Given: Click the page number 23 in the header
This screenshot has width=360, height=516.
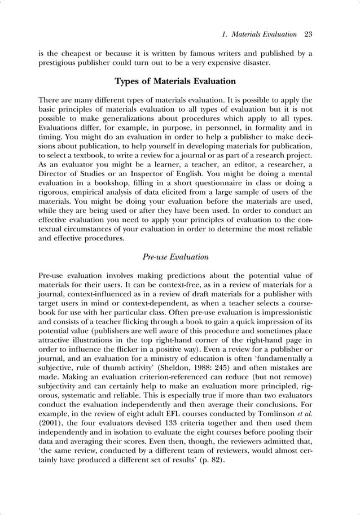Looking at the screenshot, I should tap(308, 34).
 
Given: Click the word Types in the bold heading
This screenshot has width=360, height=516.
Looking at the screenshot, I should tap(128, 81).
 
